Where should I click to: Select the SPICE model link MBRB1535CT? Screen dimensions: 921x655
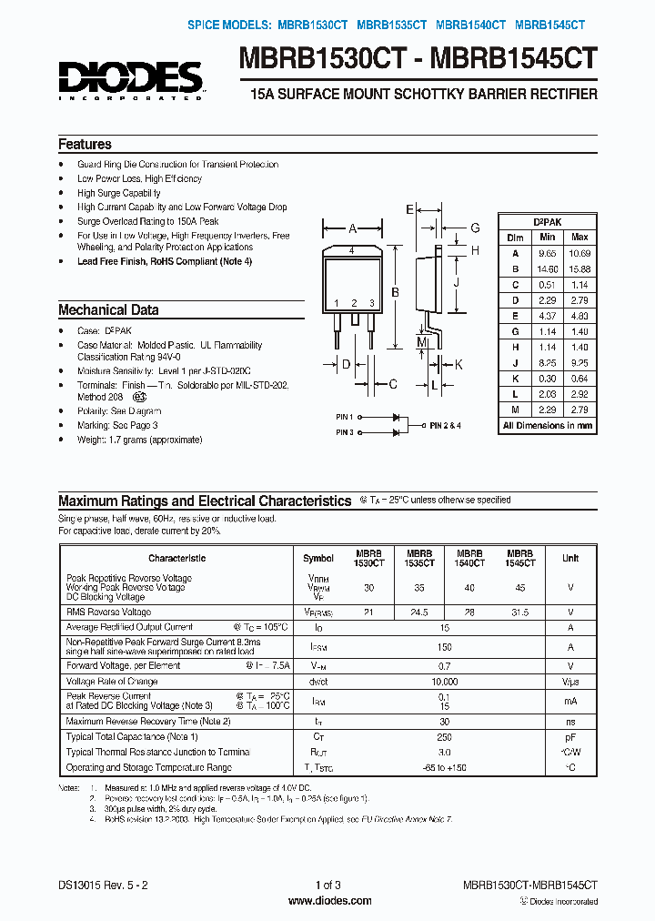click(x=391, y=26)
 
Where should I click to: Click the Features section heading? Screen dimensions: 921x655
click(x=85, y=145)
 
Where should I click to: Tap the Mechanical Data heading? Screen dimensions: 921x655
click(x=108, y=309)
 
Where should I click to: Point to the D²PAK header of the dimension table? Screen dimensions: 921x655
click(x=547, y=222)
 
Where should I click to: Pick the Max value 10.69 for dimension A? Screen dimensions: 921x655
click(x=579, y=253)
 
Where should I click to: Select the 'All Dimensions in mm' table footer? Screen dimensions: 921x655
click(x=548, y=425)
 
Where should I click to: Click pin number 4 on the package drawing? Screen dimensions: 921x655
click(x=351, y=248)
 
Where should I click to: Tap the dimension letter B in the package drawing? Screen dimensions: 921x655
click(x=395, y=292)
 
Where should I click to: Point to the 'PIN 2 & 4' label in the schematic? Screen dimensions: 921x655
click(x=446, y=425)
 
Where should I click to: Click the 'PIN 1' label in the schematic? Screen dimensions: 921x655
click(x=344, y=417)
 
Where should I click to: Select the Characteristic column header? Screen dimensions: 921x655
click(x=177, y=558)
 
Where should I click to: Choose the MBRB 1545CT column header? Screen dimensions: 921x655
click(x=520, y=558)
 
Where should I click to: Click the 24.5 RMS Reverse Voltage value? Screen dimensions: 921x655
click(x=419, y=612)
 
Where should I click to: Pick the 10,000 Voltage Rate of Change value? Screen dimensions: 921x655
click(x=444, y=682)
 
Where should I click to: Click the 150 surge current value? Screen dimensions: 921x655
click(x=444, y=647)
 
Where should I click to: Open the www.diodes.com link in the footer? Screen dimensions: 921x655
click(x=328, y=901)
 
